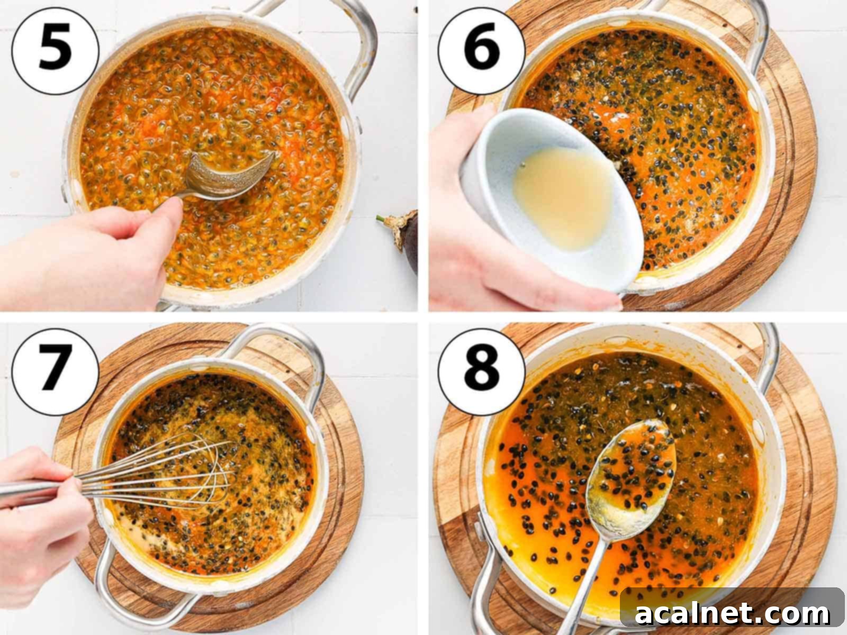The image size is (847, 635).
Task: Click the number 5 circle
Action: point(55,51)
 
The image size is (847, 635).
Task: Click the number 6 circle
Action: point(481,51)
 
